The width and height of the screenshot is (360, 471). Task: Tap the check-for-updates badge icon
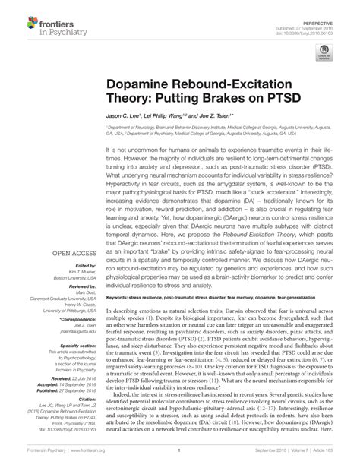tap(324, 52)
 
